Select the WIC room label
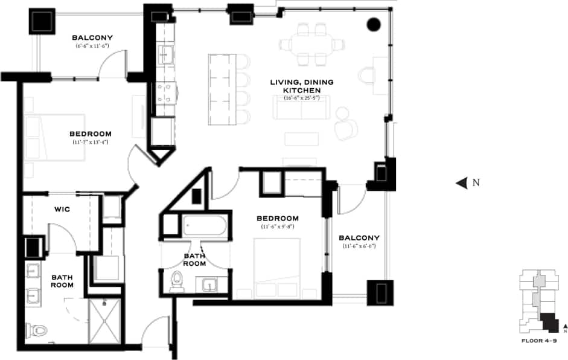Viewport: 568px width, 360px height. (x=62, y=210)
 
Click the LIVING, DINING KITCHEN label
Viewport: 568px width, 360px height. (x=308, y=86)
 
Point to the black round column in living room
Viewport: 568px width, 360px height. (x=374, y=24)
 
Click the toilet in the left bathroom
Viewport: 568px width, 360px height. (x=37, y=330)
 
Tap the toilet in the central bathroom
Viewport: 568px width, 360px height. (x=177, y=281)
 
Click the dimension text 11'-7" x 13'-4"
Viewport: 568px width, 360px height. (x=90, y=142)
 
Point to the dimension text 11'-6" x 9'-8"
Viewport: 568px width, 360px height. (x=277, y=227)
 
